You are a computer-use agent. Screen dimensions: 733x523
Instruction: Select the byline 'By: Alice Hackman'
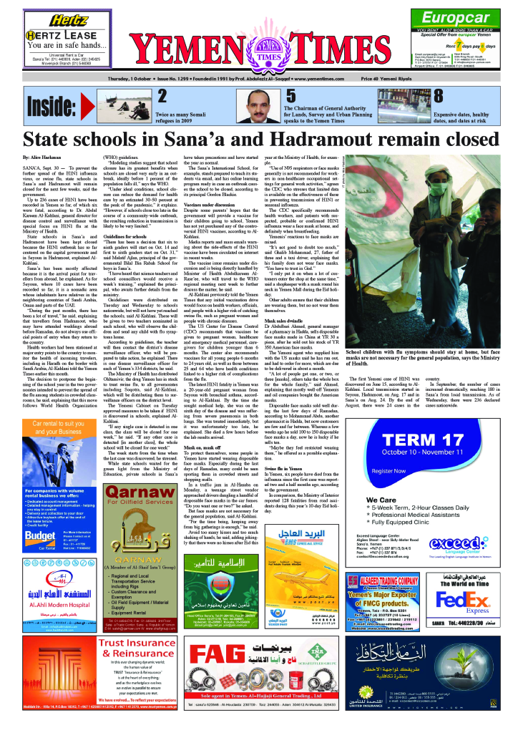point(42,156)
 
